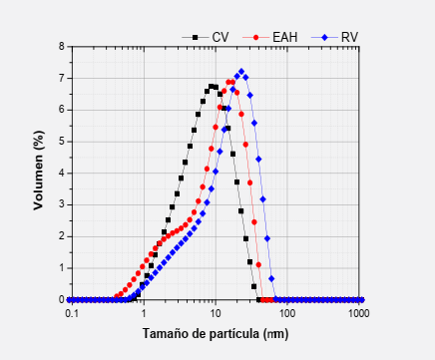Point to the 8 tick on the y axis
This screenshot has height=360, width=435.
pos(62,46)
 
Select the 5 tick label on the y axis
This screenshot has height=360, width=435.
pos(62,141)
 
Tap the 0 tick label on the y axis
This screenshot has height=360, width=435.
pos(62,299)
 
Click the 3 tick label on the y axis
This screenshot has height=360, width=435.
pos(62,204)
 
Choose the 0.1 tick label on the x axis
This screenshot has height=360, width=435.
pos(72,313)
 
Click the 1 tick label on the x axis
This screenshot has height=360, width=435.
pos(144,313)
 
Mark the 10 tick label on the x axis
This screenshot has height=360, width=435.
pos(216,313)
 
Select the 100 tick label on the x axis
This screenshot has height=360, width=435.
pos(287,313)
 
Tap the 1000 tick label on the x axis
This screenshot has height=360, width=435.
pos(358,313)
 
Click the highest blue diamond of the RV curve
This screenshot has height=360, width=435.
pos(241,72)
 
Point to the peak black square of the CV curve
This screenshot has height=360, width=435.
pos(212,86)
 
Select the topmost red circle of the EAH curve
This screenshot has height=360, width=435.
pos(230,82)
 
